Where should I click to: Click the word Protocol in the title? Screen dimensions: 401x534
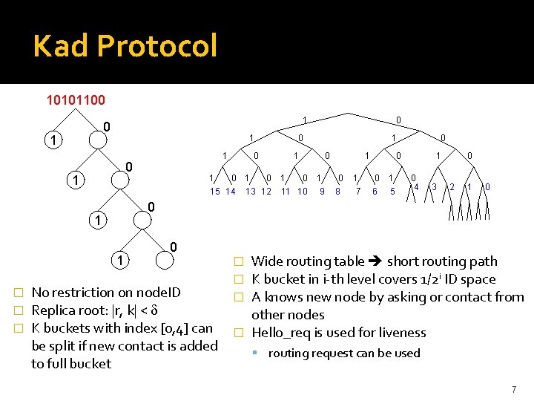[156, 46]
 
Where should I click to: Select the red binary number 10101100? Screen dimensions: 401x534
[76, 100]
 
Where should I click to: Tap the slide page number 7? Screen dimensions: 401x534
[513, 389]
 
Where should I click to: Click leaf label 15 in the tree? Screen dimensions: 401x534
[215, 192]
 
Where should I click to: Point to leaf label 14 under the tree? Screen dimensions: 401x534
[231, 192]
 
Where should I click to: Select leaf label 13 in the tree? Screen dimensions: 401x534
[251, 192]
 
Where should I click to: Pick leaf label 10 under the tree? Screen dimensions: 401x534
[303, 192]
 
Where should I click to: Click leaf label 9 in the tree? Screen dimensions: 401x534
[322, 192]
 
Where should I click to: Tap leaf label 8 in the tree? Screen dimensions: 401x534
[337, 192]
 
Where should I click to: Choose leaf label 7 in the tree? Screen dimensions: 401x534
[359, 192]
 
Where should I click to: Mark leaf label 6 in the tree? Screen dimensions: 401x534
[375, 192]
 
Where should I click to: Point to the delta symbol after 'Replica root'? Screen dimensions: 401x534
[154, 310]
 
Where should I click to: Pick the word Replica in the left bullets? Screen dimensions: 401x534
[56, 310]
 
